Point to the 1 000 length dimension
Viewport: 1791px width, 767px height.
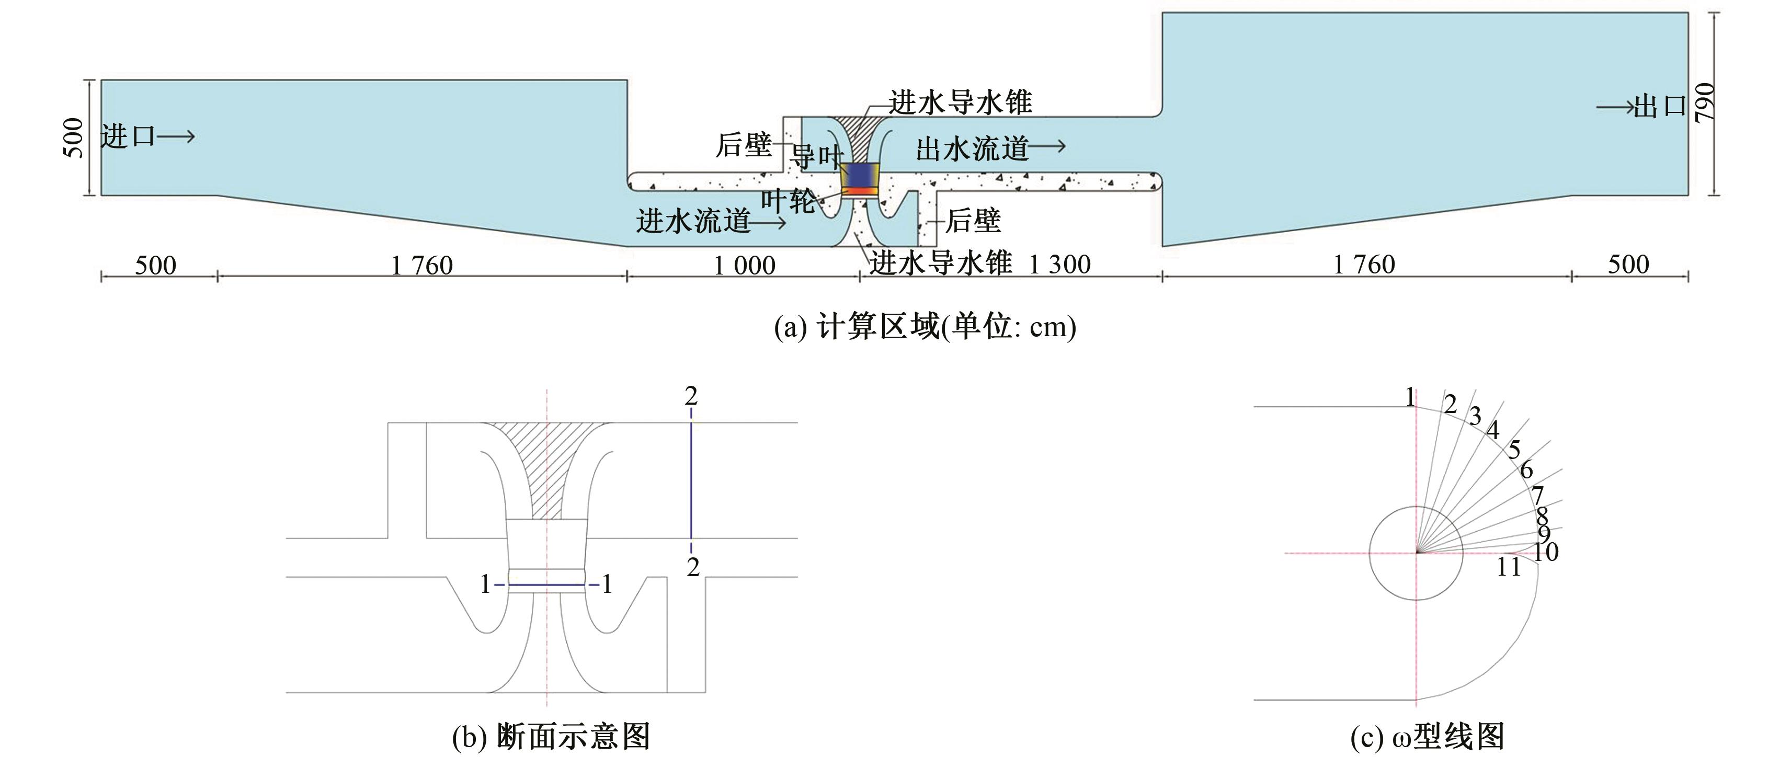click(744, 266)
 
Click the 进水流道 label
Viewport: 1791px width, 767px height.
click(693, 221)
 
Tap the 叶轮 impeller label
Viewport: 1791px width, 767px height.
click(788, 201)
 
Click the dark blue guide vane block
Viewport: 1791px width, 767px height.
click(860, 173)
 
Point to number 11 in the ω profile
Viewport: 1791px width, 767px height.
click(1509, 567)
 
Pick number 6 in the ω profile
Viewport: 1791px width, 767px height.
click(1526, 470)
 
